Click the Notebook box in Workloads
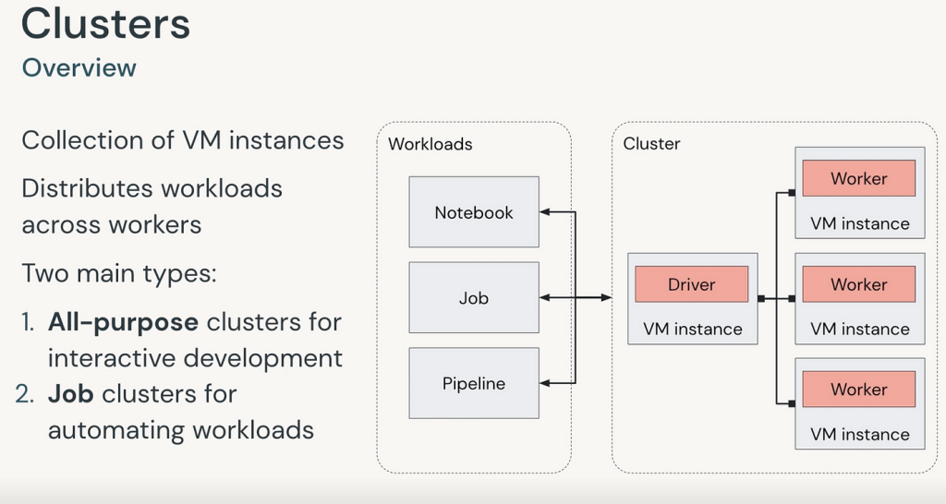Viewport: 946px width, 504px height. click(474, 212)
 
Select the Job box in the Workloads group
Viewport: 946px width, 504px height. click(474, 298)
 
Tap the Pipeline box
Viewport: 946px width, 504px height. click(474, 383)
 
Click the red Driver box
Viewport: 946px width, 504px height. click(691, 284)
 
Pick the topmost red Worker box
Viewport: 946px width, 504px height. click(858, 178)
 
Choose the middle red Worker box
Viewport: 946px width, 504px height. click(858, 284)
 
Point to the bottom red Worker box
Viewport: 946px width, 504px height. click(858, 390)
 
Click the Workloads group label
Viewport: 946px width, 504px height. click(430, 144)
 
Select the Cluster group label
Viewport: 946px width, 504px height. click(651, 143)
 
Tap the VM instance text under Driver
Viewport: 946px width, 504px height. click(692, 329)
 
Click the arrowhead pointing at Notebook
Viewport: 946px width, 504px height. click(545, 212)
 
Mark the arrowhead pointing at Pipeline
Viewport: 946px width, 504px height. click(545, 383)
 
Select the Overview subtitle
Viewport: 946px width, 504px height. click(79, 67)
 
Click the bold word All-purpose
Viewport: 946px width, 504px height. click(123, 322)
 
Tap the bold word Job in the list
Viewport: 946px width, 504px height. click(70, 394)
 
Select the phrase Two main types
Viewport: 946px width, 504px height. click(117, 274)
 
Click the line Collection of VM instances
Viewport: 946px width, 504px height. click(182, 140)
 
